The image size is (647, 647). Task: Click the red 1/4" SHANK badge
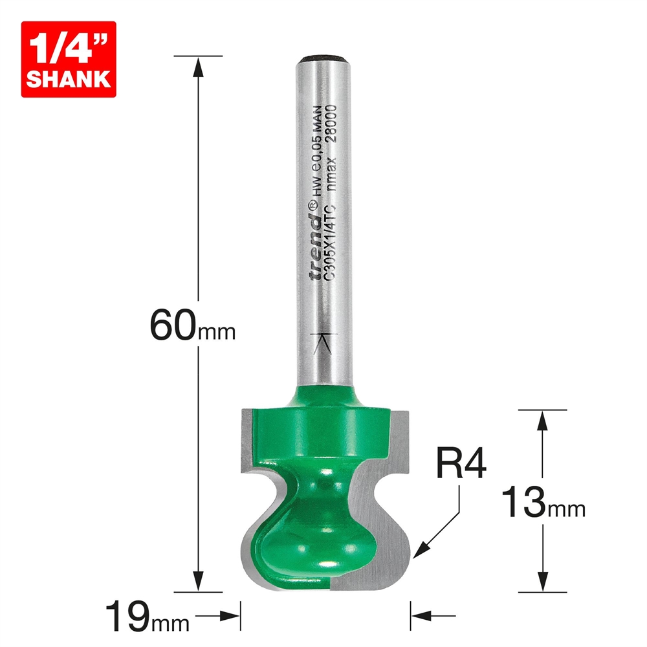pyautogui.click(x=68, y=60)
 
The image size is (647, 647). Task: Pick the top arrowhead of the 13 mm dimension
pyautogui.click(x=543, y=419)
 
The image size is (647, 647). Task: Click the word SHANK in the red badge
pyautogui.click(x=68, y=79)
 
